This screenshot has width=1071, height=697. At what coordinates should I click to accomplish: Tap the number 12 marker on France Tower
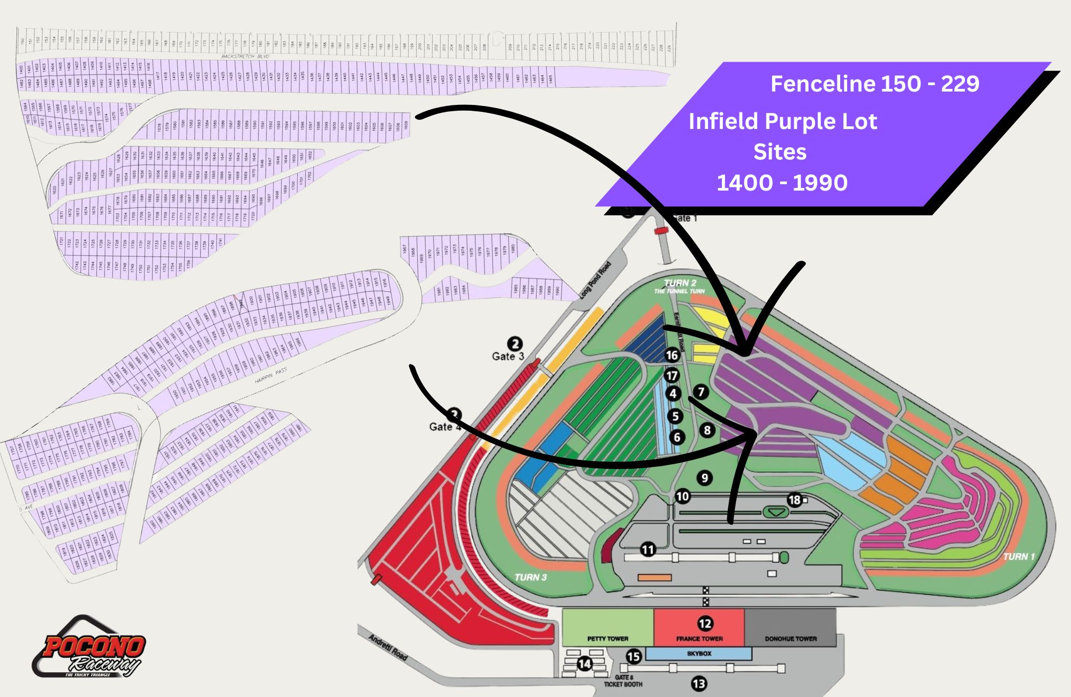coord(705,623)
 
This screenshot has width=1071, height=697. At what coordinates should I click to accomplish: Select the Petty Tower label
coord(607,639)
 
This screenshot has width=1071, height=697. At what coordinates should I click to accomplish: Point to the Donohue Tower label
coord(790,639)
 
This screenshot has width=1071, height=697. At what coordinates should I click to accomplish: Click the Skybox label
coord(699,654)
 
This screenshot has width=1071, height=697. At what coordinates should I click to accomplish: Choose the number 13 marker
coord(699,684)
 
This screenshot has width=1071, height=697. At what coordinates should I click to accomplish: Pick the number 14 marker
coord(584,664)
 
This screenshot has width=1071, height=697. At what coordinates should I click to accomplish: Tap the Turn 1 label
coord(1019,557)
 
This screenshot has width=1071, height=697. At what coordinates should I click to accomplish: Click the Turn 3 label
coord(530,577)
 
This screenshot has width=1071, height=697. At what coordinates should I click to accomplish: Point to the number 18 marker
coord(794,500)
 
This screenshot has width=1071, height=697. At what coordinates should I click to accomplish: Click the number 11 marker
coord(648,549)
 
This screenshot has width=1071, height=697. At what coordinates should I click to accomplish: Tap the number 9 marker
coord(705,478)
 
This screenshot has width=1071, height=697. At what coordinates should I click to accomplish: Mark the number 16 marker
coord(672,355)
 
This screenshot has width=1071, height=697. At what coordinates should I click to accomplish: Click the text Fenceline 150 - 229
coord(874,84)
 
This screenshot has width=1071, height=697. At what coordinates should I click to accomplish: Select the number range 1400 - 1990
coord(782,183)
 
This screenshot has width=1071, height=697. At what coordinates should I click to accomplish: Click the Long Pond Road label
coord(595,280)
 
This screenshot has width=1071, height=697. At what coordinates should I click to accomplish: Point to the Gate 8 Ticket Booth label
coord(623,681)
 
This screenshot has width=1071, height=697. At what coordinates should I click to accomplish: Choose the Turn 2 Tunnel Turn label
coord(680,286)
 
